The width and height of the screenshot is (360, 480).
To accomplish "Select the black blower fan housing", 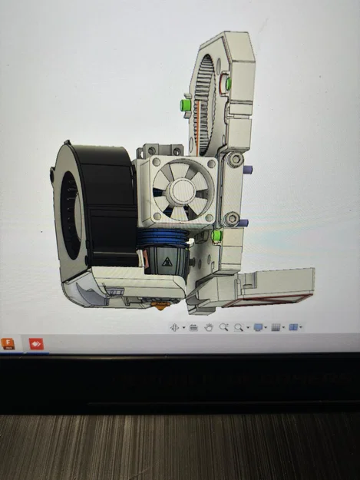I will pyautogui.click(x=107, y=200).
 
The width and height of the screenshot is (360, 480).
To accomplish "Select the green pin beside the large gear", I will pyautogui.click(x=184, y=104).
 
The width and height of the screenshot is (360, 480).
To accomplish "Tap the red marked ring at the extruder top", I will pyautogui.click(x=226, y=82).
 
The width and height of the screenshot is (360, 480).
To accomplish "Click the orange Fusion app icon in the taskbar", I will pyautogui.click(x=10, y=343).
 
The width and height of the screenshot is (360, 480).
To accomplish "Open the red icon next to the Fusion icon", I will pyautogui.click(x=35, y=343).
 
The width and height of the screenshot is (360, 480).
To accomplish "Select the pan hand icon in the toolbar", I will pyautogui.click(x=208, y=327).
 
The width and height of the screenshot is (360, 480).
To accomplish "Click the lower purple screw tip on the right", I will pyautogui.click(x=244, y=223).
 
